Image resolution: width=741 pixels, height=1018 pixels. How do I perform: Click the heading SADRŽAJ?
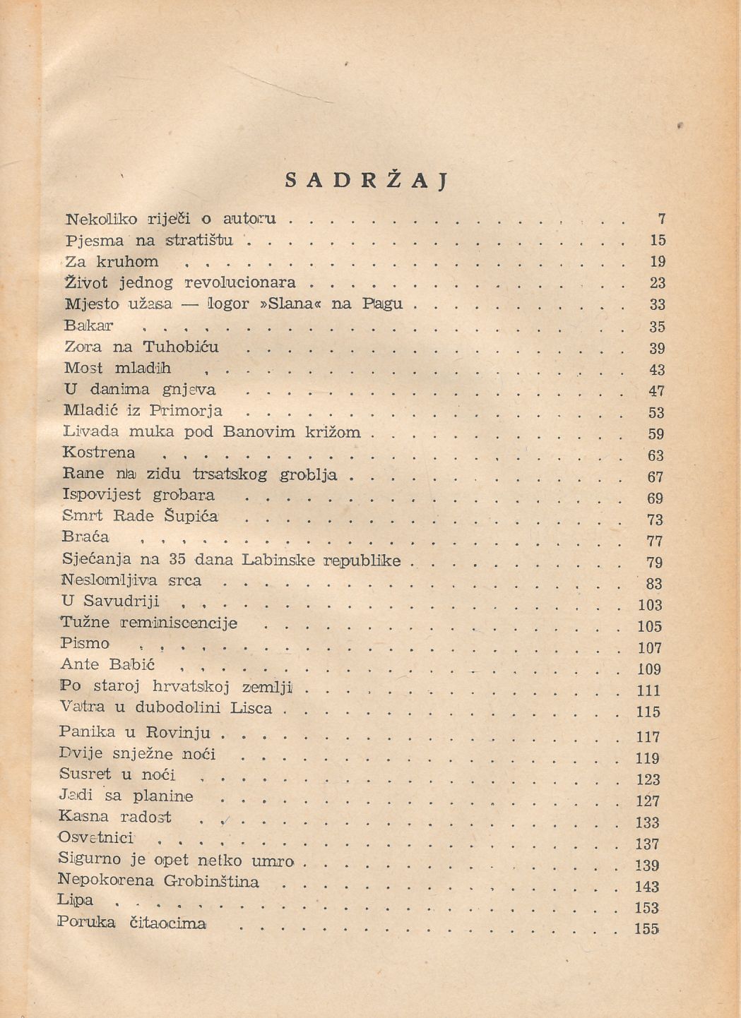(367, 181)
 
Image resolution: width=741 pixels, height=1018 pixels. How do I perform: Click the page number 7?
(662, 219)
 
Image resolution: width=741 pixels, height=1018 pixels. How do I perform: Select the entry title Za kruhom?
(112, 262)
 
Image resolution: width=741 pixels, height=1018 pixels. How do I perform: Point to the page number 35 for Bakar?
(657, 327)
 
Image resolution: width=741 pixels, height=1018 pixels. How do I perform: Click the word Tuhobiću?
(181, 347)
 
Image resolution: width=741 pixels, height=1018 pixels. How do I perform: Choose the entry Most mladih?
(117, 368)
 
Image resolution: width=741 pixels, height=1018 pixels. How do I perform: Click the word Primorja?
(186, 411)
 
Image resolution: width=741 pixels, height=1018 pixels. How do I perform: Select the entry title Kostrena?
(99, 453)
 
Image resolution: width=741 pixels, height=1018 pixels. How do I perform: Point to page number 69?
(655, 498)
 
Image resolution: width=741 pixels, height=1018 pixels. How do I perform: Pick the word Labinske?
(278, 561)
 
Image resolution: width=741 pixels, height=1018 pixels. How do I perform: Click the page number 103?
(649, 605)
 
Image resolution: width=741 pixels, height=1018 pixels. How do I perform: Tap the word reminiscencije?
(179, 623)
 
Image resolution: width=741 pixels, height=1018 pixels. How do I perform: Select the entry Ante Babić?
(107, 665)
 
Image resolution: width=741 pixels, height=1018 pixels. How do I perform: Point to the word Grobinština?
(211, 882)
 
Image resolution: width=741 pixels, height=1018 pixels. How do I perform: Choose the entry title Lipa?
(76, 901)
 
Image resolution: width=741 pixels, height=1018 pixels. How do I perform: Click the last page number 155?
(646, 929)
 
